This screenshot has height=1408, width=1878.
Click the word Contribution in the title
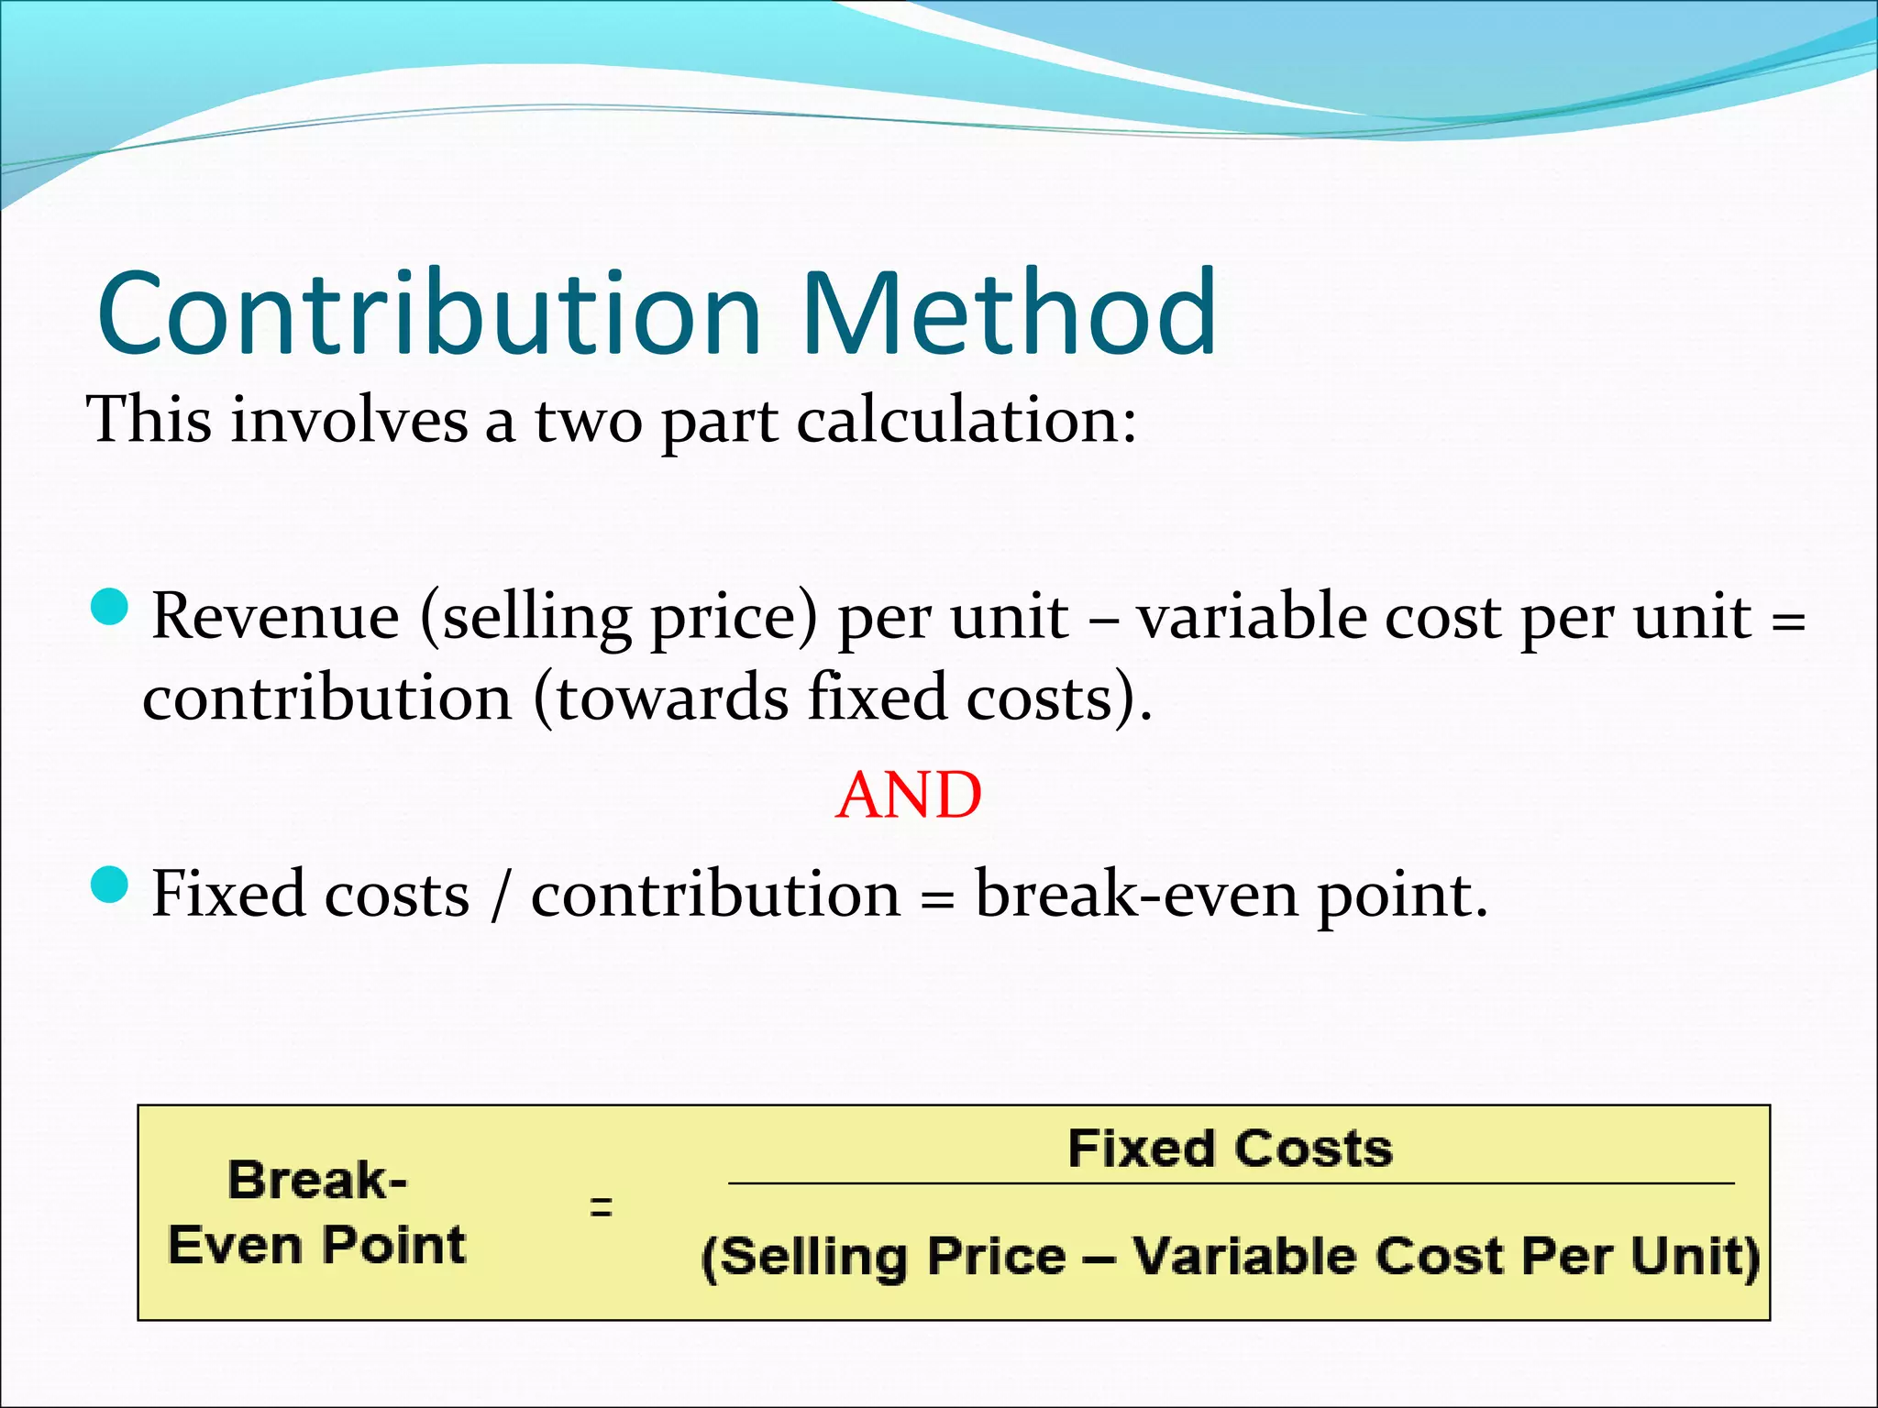point(429,313)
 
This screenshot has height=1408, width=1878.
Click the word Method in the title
point(1010,313)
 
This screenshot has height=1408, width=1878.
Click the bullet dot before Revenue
point(110,608)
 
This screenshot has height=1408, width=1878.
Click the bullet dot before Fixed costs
point(110,885)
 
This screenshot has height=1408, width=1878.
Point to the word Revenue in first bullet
point(275,617)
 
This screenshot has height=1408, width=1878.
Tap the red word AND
point(909,795)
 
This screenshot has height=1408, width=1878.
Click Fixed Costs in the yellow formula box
point(1230,1149)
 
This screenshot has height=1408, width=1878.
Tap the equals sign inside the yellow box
point(601,1206)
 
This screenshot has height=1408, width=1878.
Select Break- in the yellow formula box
point(317,1180)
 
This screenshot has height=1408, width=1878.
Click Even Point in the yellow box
point(317,1246)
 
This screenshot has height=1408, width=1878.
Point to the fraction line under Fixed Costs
point(1230,1183)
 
